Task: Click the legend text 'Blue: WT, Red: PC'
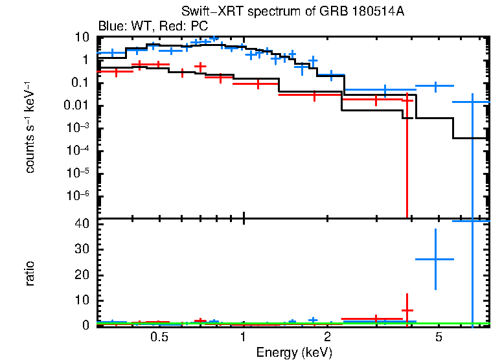pyautogui.click(x=152, y=27)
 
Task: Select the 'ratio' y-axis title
pyautogui.click(x=30, y=274)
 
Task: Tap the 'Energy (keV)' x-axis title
pyautogui.click(x=294, y=352)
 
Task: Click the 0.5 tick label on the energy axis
pyautogui.click(x=159, y=337)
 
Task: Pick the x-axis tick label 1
pyautogui.click(x=243, y=337)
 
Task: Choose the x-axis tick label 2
pyautogui.click(x=328, y=337)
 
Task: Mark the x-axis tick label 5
pyautogui.click(x=439, y=337)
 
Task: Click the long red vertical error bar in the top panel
pyautogui.click(x=407, y=162)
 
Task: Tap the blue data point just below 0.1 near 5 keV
pyautogui.click(x=435, y=85)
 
